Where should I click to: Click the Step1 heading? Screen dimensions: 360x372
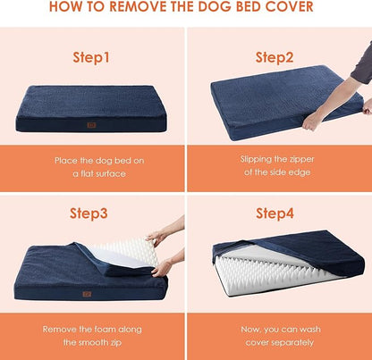(92, 57)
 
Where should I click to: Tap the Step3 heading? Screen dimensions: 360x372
(92, 213)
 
